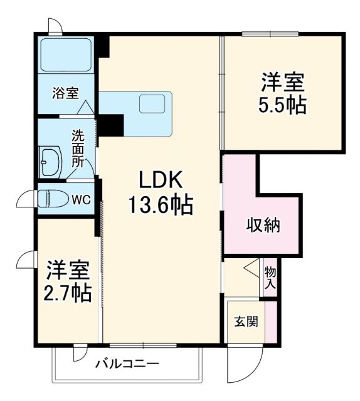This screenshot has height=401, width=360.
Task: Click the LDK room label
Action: pos(160,181)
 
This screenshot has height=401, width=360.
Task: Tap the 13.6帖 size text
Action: pos(161,205)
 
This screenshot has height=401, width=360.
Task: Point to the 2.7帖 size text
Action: pos(68,292)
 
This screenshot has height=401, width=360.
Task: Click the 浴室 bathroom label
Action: pos(65,94)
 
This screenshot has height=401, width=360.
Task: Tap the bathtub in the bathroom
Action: pos(65,56)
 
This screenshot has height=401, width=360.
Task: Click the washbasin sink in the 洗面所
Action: pos(50,163)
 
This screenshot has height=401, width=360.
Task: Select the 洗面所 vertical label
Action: pos(78,148)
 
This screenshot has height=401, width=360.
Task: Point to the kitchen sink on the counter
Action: pos(152,104)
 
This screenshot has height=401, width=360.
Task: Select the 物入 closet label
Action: pos(270,278)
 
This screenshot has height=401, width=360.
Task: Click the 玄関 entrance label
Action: pos(245,323)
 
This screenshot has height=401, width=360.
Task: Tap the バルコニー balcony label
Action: pos(127,364)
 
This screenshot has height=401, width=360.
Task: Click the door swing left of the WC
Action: pos(27,199)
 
